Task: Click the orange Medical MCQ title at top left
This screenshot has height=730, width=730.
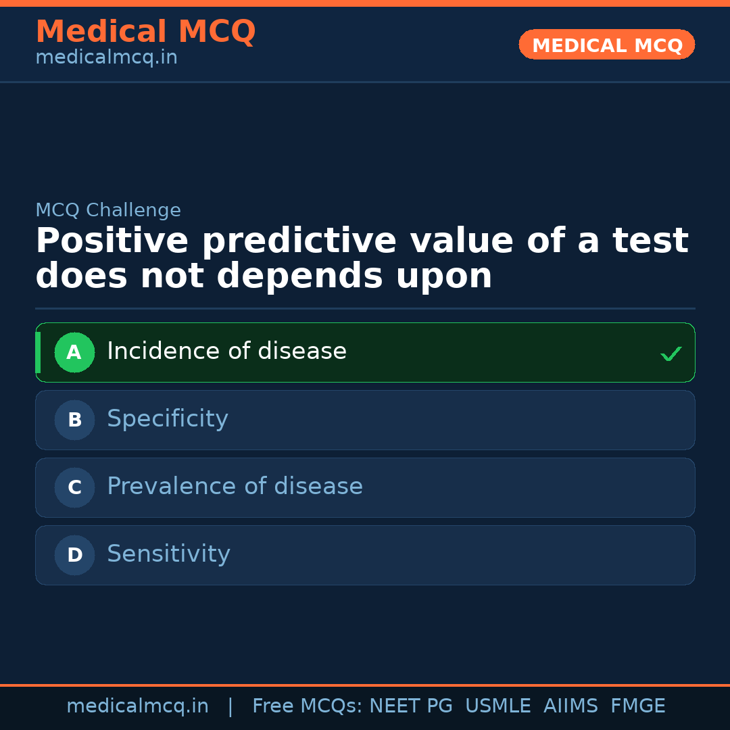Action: click(x=146, y=31)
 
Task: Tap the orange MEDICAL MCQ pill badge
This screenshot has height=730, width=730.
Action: click(x=606, y=45)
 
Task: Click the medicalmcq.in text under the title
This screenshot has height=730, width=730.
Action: click(x=107, y=57)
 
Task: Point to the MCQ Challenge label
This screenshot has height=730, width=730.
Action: click(x=108, y=210)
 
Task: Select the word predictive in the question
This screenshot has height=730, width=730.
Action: click(x=299, y=241)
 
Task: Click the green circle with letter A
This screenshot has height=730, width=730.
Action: click(x=74, y=352)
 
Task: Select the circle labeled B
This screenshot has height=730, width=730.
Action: click(x=74, y=420)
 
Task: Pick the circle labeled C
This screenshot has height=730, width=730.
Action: click(x=74, y=487)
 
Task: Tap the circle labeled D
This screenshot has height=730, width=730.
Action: click(x=74, y=555)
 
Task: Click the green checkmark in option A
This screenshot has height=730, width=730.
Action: click(x=671, y=354)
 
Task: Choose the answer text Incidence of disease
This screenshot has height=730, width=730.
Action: click(x=227, y=351)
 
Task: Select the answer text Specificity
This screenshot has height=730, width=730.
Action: click(x=168, y=419)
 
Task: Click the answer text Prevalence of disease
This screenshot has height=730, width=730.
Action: click(x=235, y=486)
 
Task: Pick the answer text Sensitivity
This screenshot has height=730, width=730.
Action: click(x=168, y=554)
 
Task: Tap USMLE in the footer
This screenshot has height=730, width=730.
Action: click(x=497, y=706)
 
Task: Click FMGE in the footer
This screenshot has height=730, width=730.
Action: click(x=638, y=706)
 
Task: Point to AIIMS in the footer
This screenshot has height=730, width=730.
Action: click(x=570, y=706)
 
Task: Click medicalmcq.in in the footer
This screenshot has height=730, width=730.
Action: click(x=138, y=706)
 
